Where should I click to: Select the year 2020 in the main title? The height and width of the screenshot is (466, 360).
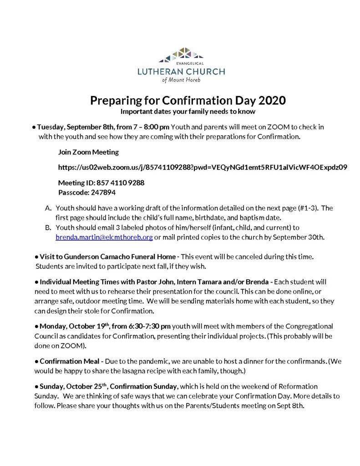coord(270,100)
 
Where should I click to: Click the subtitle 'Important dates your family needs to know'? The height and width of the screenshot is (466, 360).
coord(180,111)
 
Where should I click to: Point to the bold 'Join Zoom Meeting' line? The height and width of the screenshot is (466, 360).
coord(89,152)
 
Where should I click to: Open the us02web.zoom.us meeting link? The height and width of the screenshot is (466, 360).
coord(203,167)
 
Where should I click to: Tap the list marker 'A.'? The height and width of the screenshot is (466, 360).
coord(48,208)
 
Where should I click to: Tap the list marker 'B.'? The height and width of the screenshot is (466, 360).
coord(48,227)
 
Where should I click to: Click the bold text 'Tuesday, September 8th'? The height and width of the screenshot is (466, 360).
coord(73,127)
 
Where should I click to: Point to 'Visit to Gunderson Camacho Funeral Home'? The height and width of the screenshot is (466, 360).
coord(104,257)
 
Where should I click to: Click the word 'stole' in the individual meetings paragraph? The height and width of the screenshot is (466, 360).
coord(100,311)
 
